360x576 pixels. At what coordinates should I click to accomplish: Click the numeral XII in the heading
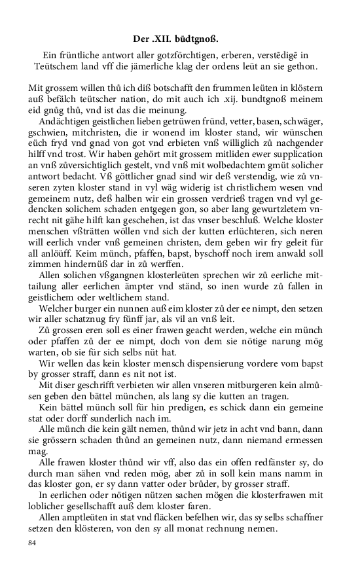tap(169, 38)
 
